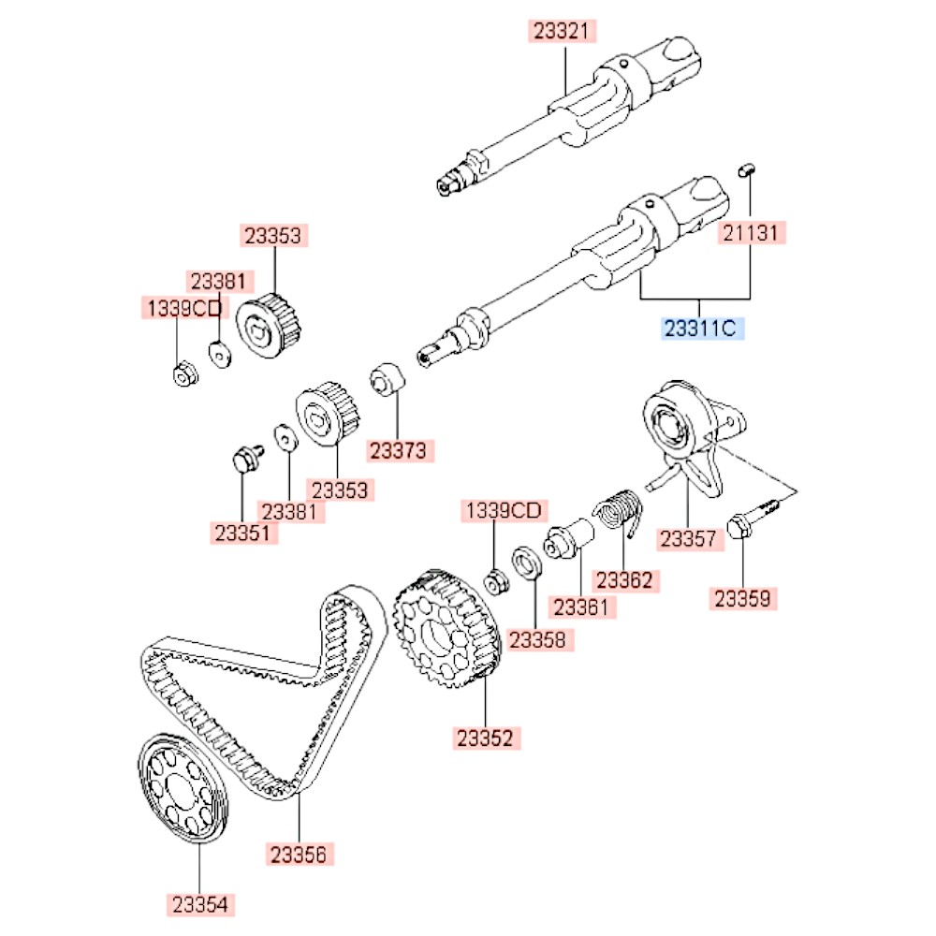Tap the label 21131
coord(749,233)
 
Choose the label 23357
coord(688,539)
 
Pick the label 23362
coord(624,580)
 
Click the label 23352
coord(485,738)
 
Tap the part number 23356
coord(300,853)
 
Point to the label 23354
coord(201,903)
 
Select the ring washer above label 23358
coord(525,565)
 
